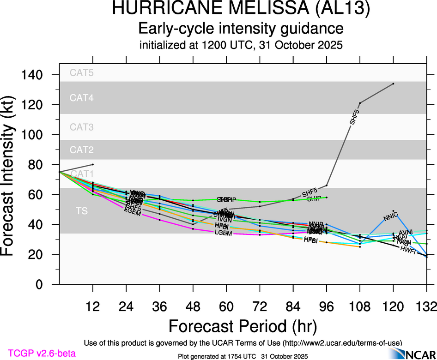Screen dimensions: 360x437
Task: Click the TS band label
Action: [x=81, y=211]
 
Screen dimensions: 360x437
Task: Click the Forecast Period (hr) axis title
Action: [x=243, y=326]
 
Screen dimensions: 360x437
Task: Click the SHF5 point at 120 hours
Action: [x=393, y=84]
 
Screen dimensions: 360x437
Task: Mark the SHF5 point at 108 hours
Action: [x=360, y=102]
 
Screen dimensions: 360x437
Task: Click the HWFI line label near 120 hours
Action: [x=408, y=250]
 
